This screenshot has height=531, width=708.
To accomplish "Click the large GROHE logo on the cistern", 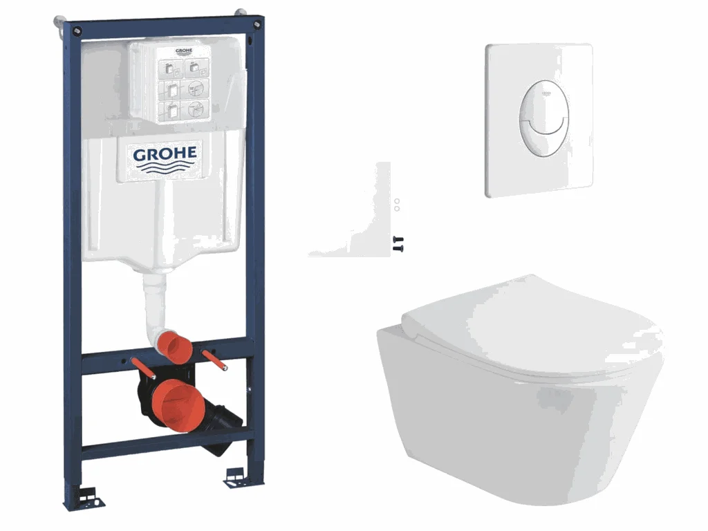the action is click(x=165, y=153).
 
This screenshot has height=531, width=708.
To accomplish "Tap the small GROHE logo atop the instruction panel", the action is click(x=184, y=50).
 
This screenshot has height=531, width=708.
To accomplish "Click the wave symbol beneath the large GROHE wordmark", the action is click(x=165, y=168).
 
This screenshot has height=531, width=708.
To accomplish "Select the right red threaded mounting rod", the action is click(x=214, y=360).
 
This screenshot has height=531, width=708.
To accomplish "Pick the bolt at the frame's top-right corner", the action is click(x=257, y=24).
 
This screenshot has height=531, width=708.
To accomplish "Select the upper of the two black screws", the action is click(x=398, y=239).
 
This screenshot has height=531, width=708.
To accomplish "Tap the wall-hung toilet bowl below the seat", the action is click(x=519, y=420).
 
